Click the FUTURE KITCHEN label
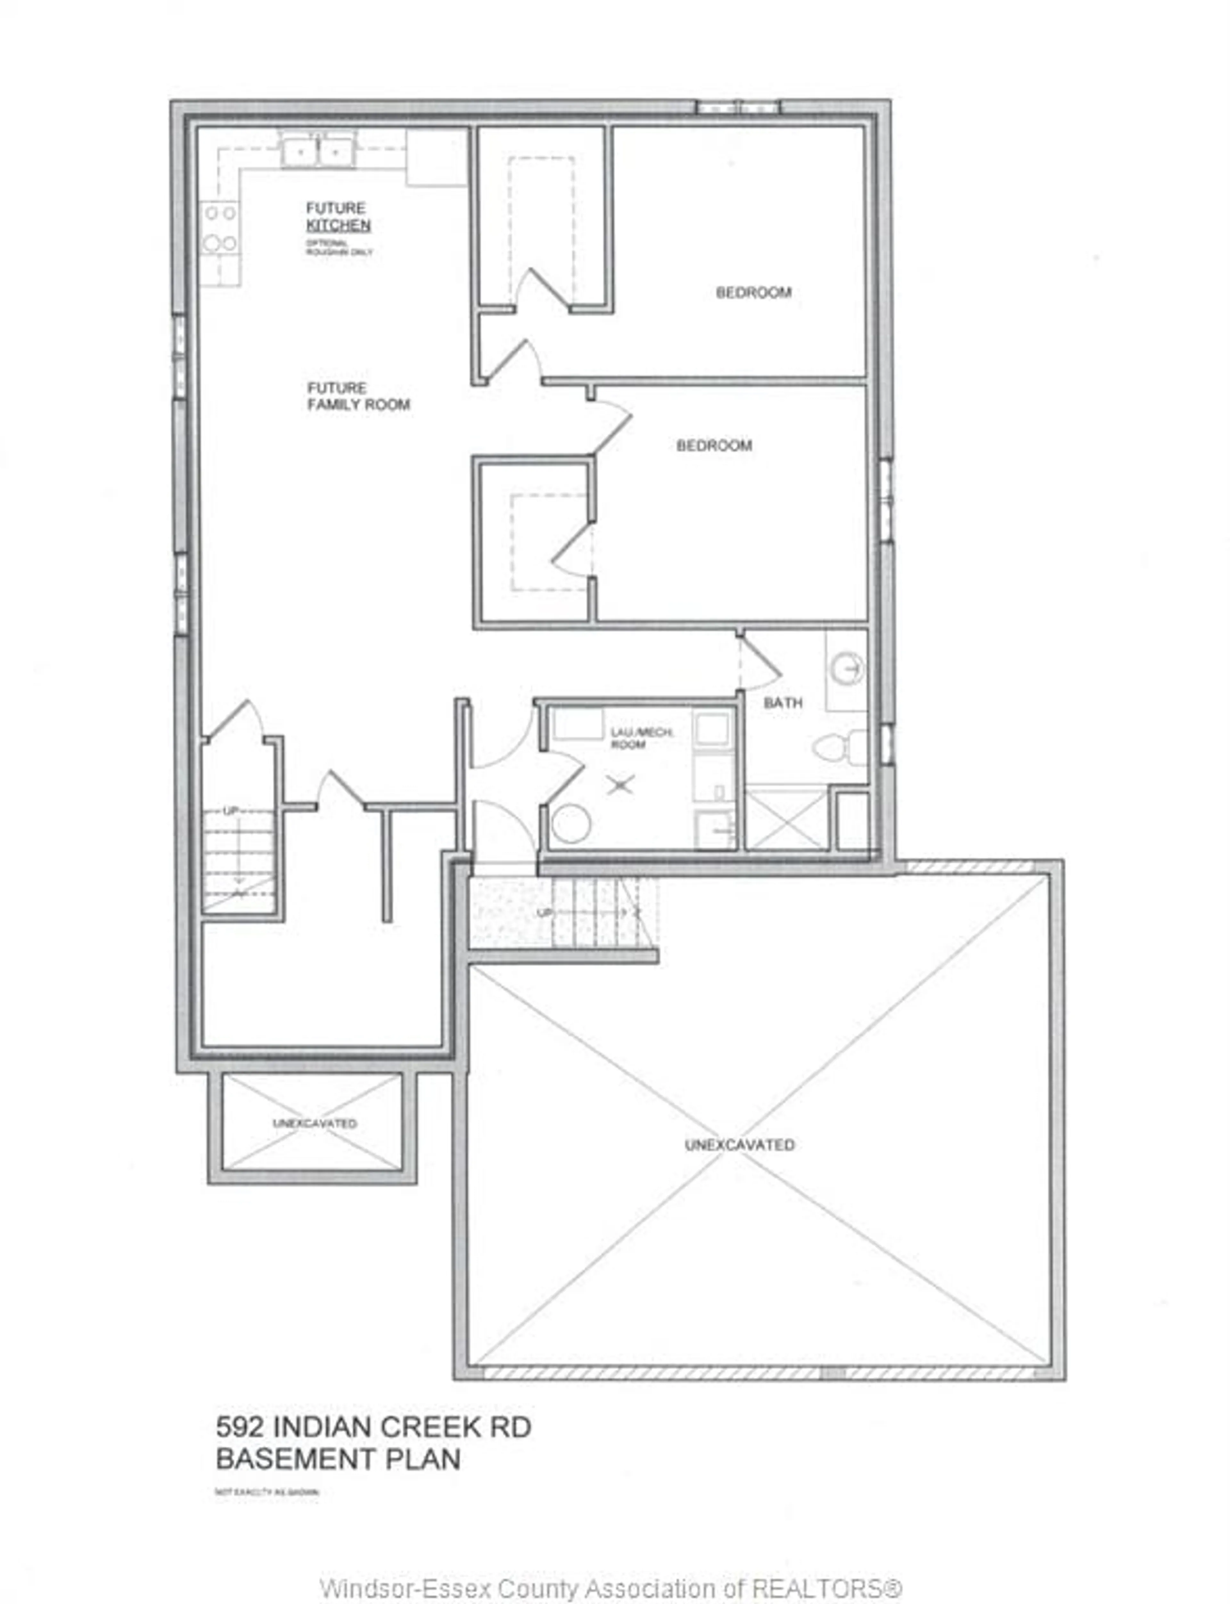(338, 217)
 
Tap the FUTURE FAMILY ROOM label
(358, 396)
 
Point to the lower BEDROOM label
(714, 445)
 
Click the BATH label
(783, 703)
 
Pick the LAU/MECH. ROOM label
(642, 738)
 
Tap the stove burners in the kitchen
(220, 228)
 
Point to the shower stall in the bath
(786, 818)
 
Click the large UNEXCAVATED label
(740, 1144)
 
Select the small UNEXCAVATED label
(315, 1123)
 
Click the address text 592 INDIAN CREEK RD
(373, 1427)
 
